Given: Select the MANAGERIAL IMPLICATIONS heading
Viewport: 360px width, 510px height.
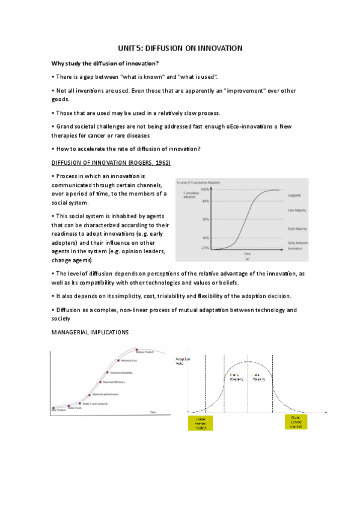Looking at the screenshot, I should pyautogui.click(x=90, y=331).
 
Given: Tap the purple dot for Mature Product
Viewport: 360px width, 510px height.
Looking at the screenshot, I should pyautogui.click(x=138, y=349).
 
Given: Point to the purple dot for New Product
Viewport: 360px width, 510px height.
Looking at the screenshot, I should pyautogui.click(x=53, y=408).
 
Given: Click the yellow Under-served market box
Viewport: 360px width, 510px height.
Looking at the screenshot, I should pyautogui.click(x=199, y=422).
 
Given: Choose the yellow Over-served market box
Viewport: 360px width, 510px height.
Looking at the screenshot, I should pyautogui.click(x=295, y=422).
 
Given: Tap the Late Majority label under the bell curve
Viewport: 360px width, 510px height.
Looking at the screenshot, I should pyautogui.click(x=259, y=378).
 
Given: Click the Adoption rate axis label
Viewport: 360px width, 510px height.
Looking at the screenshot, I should pyautogui.click(x=182, y=360).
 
